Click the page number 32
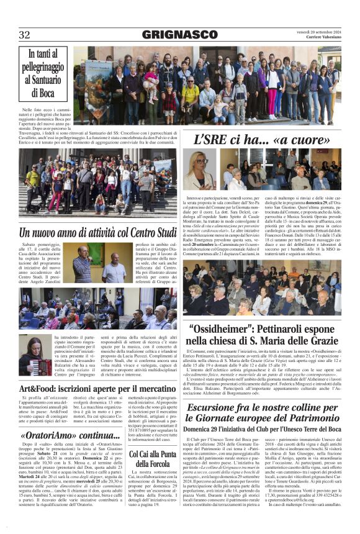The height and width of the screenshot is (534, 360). pyautogui.click(x=25, y=35)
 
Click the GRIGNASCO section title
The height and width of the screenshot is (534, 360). pyautogui.click(x=179, y=35)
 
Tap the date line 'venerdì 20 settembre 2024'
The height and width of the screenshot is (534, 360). pyautogui.click(x=318, y=31)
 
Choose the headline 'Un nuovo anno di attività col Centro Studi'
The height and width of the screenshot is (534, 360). pyautogui.click(x=98, y=233)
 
